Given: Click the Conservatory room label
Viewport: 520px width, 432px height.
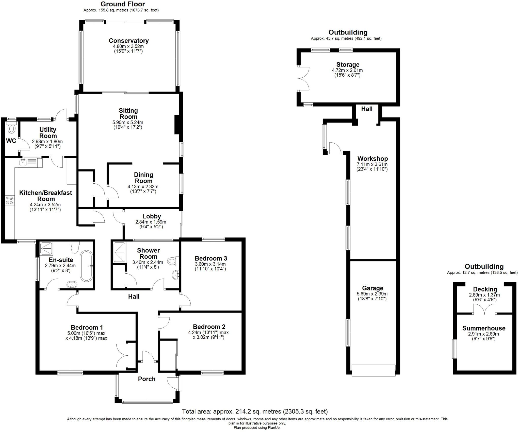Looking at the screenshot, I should [128, 41].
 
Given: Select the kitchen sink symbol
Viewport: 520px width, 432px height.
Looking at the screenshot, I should [28, 162].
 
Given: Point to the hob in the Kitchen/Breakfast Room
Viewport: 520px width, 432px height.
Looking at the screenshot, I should [9, 200].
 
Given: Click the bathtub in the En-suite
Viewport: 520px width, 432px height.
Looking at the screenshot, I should [87, 266].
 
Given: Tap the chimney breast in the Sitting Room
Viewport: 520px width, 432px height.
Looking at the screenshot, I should [177, 125].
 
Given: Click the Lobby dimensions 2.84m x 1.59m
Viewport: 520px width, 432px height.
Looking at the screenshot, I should [151, 222].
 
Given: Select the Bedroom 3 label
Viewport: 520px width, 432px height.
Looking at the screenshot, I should [211, 258].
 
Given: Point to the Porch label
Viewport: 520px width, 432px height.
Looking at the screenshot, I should [147, 379].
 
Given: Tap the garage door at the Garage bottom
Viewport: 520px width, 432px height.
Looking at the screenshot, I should [373, 371].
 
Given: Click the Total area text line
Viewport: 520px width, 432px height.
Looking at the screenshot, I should [255, 411].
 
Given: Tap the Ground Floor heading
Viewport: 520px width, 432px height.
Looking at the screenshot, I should [123, 4].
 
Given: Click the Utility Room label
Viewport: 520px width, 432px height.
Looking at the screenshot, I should [48, 133].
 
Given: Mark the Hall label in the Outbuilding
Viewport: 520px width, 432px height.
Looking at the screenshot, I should [367, 109].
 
